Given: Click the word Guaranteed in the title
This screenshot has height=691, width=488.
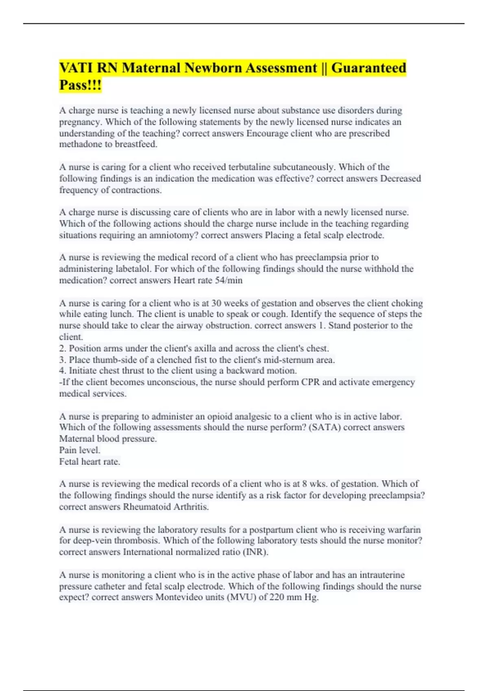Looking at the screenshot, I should (x=368, y=67).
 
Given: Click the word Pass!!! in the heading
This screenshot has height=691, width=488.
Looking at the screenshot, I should (x=80, y=85).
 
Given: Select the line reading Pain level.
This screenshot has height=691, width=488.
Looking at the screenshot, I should (x=80, y=450).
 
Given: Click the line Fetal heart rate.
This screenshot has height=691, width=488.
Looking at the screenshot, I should (x=89, y=461).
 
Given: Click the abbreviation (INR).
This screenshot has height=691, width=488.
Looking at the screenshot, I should (x=255, y=552).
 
